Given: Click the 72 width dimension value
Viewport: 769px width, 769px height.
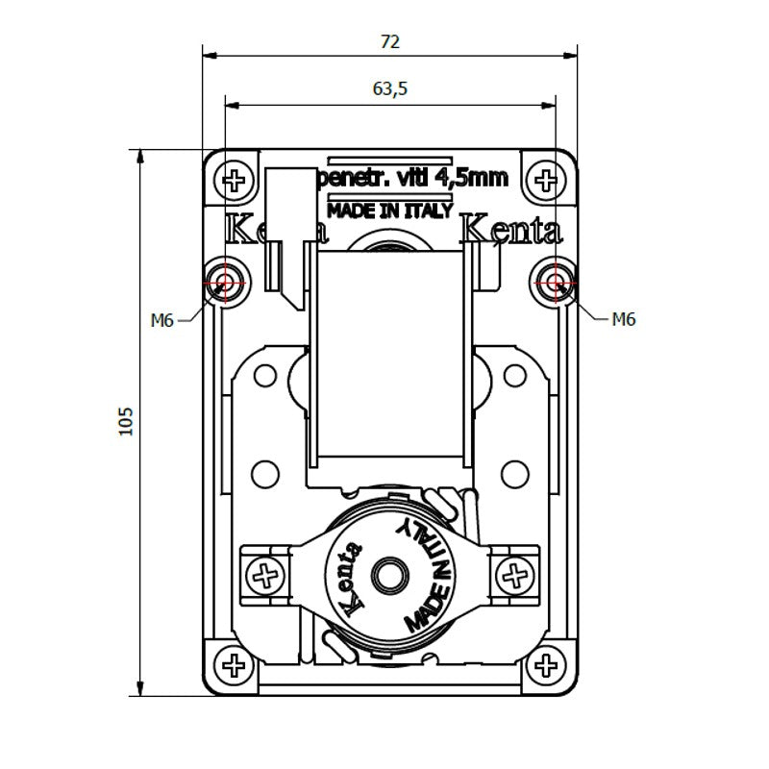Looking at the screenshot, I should (389, 41).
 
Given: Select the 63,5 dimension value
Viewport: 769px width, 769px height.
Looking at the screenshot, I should (389, 88).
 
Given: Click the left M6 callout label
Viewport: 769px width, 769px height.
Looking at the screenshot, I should (161, 320).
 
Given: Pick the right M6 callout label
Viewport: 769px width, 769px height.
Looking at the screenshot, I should (624, 319).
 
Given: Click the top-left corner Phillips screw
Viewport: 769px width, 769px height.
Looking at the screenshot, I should (234, 180).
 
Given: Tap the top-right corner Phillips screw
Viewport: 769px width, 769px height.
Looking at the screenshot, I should (547, 180).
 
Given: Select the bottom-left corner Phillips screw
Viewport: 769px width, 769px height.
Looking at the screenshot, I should (234, 663).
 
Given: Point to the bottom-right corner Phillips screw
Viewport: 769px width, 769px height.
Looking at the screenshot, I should (547, 663).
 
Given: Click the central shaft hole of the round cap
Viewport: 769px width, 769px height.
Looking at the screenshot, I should (390, 574).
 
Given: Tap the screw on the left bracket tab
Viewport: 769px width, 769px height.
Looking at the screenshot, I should (264, 577).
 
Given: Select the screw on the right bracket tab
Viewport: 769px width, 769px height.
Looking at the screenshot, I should (515, 577).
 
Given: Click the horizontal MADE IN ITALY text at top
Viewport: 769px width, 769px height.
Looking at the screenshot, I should (389, 211).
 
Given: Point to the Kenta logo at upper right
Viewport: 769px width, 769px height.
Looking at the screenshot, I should (511, 231).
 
